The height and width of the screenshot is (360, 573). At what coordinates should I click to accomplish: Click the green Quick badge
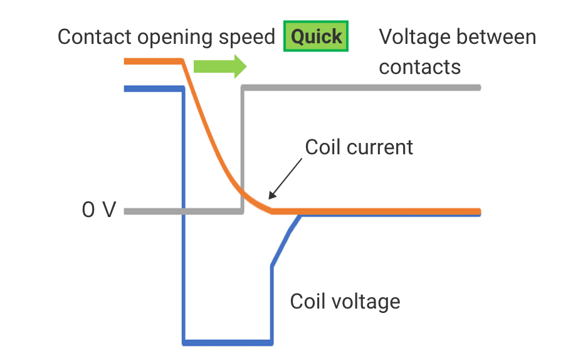(x=316, y=37)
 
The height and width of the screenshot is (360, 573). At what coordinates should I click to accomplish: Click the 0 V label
(x=99, y=210)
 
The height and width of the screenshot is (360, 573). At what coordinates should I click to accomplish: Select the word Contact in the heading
(x=95, y=37)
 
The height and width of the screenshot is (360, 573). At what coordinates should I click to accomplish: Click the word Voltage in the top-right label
(x=415, y=37)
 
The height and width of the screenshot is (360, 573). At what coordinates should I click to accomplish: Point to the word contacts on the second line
(x=419, y=66)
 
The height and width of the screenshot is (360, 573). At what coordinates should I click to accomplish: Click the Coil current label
(x=359, y=147)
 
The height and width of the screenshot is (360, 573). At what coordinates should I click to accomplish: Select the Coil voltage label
(x=345, y=302)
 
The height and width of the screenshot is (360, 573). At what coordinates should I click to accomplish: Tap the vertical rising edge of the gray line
(x=243, y=151)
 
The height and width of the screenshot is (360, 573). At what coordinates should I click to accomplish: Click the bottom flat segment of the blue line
(x=228, y=342)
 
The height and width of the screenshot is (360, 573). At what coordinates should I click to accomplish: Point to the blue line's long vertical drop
(x=184, y=213)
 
